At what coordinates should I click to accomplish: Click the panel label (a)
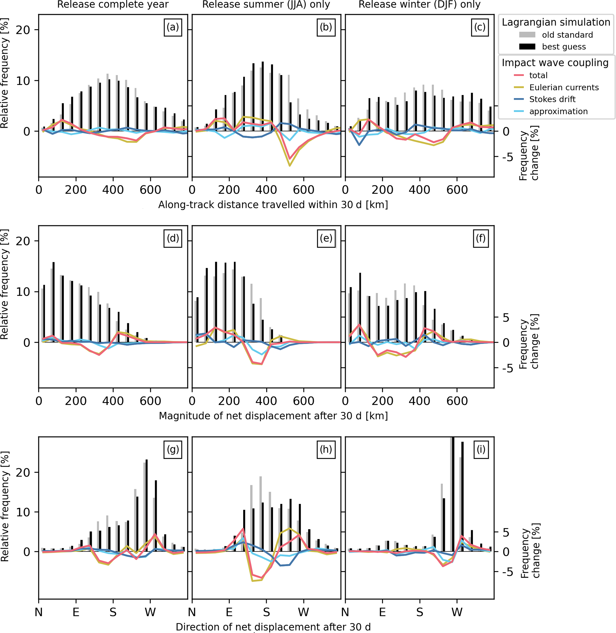[173, 27]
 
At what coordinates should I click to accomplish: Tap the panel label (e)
[326, 238]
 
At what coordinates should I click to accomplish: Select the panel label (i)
[481, 449]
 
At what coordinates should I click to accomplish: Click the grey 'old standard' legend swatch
[527, 35]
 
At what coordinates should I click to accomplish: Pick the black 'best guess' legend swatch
[527, 46]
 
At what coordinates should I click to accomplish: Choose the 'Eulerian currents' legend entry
[564, 87]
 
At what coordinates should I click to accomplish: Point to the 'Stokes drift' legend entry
[552, 99]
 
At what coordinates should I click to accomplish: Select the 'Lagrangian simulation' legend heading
[556, 22]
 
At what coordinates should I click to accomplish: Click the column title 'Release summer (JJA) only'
[266, 4]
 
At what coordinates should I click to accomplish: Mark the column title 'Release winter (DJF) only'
[419, 4]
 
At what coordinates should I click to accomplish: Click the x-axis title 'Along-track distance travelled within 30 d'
[273, 205]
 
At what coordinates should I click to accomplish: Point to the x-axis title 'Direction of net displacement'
[273, 627]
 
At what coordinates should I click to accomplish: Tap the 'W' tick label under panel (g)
[150, 612]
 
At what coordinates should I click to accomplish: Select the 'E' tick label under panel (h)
[229, 612]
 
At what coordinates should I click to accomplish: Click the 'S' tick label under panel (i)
[420, 612]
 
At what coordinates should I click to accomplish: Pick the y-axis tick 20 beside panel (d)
[23, 241]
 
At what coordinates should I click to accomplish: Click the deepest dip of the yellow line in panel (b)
[290, 166]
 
